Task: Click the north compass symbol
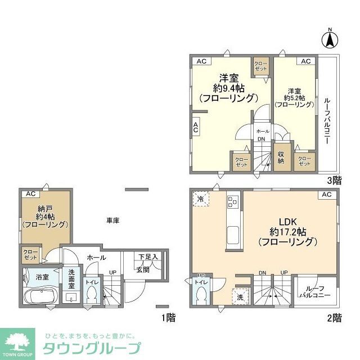pos(330,39)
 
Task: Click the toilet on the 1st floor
pos(92,294)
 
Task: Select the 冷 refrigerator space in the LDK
pos(201,199)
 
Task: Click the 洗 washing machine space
pos(240,296)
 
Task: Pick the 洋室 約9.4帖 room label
pos(227,88)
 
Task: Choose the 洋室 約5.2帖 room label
pos(294,97)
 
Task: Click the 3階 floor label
pos(335,181)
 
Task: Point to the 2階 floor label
pos(334,318)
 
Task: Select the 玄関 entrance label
pos(143,269)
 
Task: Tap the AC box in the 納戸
pos(30,194)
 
